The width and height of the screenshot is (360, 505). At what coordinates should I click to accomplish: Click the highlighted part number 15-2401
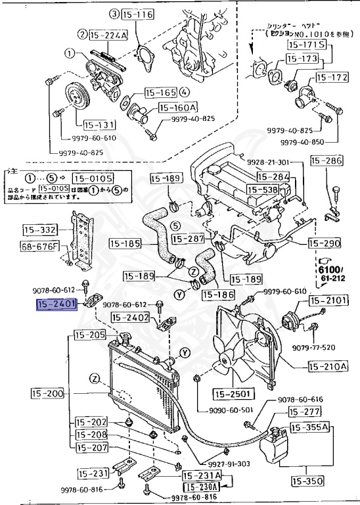(x=57, y=304)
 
